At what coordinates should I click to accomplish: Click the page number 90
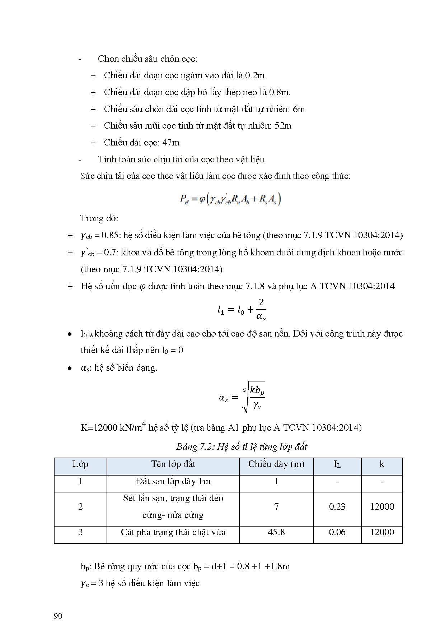(58, 616)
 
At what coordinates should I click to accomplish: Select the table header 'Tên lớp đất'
(173, 464)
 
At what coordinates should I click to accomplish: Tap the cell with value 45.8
(276, 532)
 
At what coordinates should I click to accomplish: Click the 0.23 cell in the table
(337, 506)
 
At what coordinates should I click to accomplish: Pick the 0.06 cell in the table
(337, 532)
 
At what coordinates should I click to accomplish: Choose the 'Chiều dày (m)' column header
(276, 464)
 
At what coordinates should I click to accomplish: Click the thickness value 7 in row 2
(276, 506)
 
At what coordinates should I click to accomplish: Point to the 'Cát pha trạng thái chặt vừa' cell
(173, 532)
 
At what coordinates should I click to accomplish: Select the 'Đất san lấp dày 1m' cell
(173, 481)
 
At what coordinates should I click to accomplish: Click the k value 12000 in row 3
(382, 532)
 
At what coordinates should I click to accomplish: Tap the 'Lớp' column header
(80, 464)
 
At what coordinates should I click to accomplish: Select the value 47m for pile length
(171, 143)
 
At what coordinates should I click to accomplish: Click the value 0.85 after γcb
(110, 235)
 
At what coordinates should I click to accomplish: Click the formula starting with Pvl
(230, 199)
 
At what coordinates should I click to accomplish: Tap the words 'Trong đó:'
(99, 218)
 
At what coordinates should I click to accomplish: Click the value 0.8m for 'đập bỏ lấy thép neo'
(280, 92)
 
